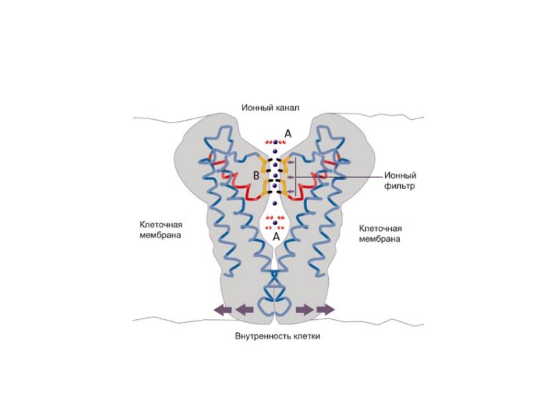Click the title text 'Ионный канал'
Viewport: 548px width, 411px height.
click(x=270, y=108)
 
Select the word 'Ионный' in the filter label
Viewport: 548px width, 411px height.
click(x=400, y=175)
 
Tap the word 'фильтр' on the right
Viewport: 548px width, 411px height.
click(x=399, y=186)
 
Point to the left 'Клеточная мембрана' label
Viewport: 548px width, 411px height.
click(x=161, y=229)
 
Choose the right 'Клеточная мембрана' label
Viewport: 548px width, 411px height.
click(x=380, y=234)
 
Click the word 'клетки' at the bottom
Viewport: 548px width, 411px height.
click(x=306, y=336)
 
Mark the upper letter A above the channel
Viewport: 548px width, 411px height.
click(x=288, y=134)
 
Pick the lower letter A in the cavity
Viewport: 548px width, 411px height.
click(x=276, y=236)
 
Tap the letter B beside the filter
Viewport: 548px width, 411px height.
click(x=256, y=176)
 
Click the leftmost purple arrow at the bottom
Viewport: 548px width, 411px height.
click(x=223, y=310)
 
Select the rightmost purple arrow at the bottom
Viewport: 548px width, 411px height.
click(x=326, y=310)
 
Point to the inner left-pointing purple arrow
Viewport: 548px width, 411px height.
click(x=245, y=310)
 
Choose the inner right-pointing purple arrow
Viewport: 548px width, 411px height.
click(x=304, y=310)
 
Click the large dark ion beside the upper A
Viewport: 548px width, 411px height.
click(x=275, y=142)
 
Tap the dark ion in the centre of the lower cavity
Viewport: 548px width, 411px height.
click(x=275, y=223)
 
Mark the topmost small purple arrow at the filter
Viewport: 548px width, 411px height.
click(x=290, y=162)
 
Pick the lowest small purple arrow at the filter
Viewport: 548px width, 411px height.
click(x=290, y=191)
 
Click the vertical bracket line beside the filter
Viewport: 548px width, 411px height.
click(x=296, y=177)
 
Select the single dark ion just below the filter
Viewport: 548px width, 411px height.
click(x=275, y=203)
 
